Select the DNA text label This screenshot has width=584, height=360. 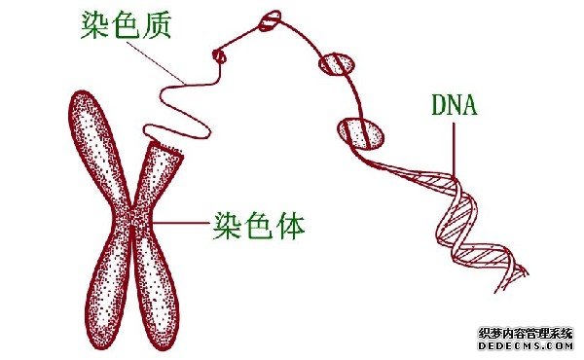[x=454, y=103]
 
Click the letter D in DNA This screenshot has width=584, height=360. [x=437, y=103]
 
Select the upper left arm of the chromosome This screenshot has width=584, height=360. [x=96, y=146]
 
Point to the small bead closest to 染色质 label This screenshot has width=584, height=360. [x=220, y=55]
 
